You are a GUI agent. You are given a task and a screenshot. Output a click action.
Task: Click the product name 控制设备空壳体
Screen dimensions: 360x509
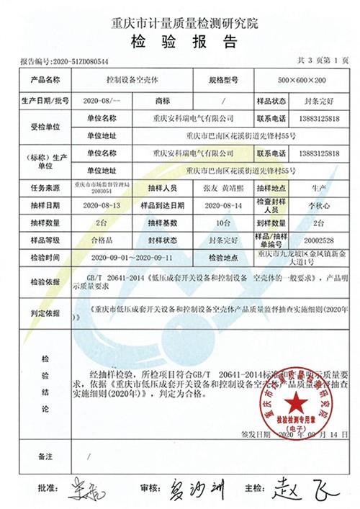[127, 79]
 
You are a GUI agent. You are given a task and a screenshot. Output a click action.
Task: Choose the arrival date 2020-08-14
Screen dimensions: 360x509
[228, 205]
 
